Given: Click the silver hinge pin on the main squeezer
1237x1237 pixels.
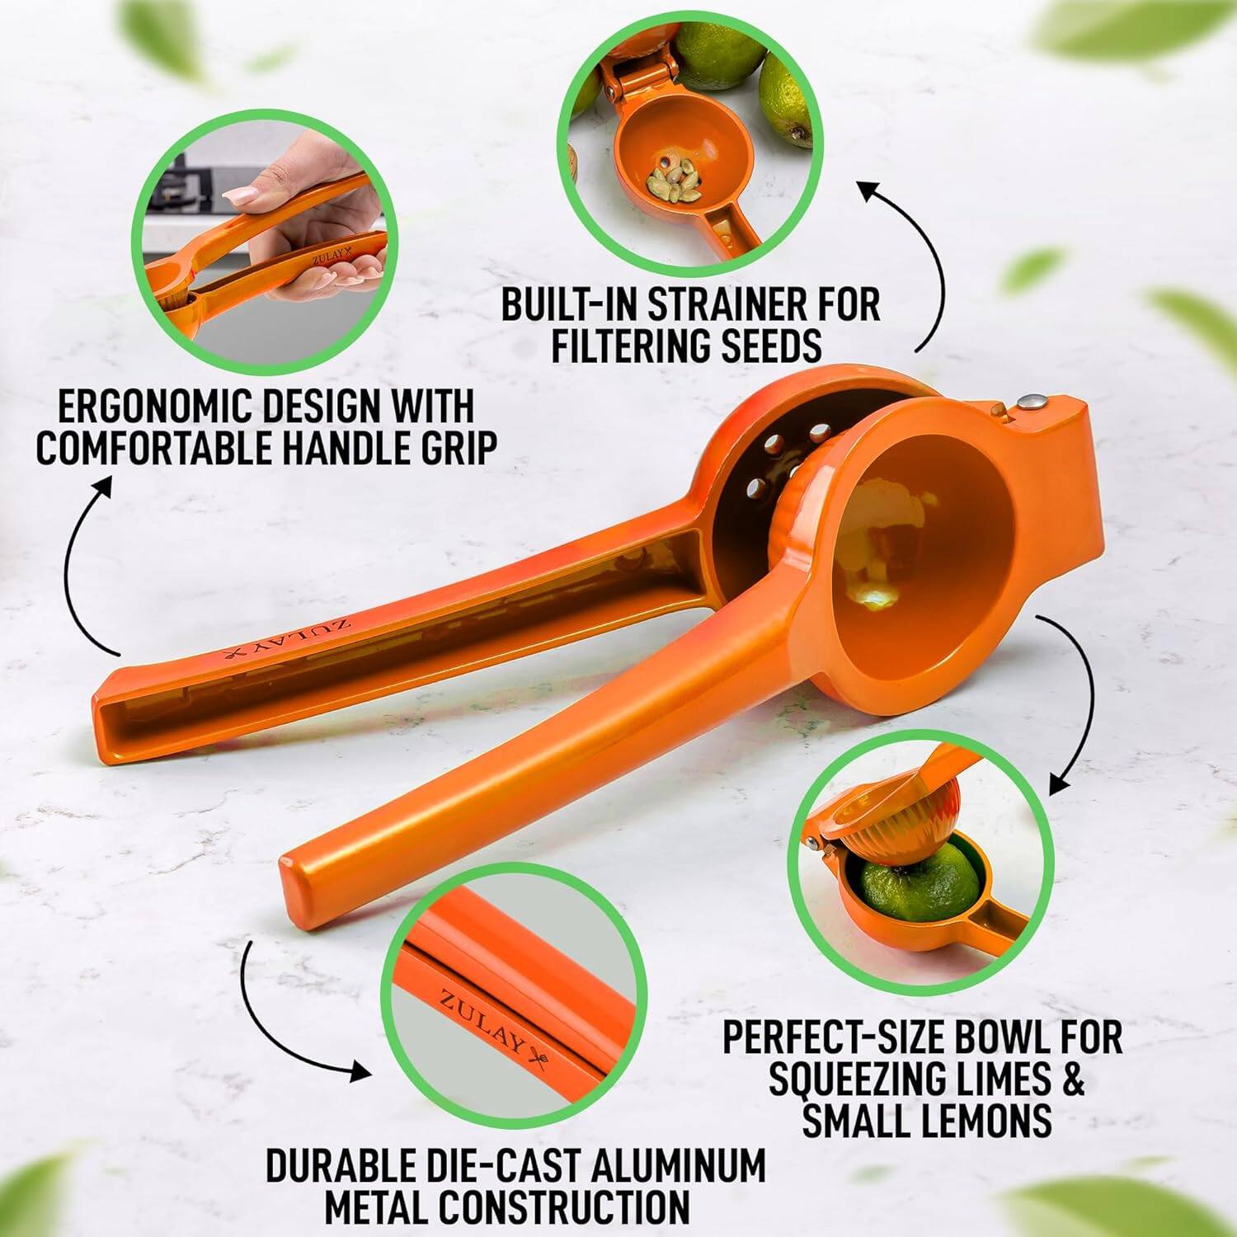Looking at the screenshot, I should click(x=1032, y=402).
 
